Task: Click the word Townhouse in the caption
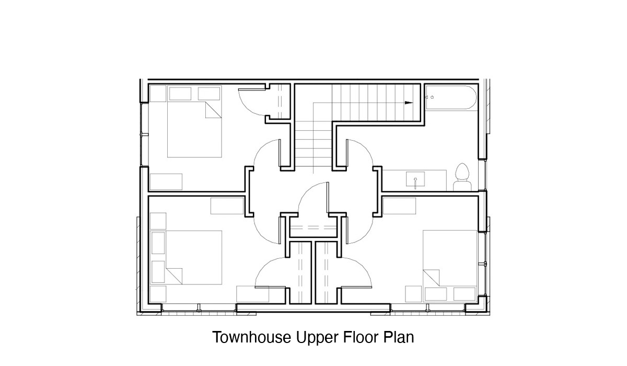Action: click(251, 337)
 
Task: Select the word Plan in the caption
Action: click(398, 337)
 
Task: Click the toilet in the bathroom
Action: click(462, 177)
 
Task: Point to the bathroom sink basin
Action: click(415, 179)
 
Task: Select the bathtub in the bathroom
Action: click(451, 97)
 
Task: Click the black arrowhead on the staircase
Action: click(409, 103)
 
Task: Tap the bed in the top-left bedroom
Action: click(194, 121)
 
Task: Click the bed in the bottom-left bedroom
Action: click(186, 258)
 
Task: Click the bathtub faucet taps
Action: click(429, 97)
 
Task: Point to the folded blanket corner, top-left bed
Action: click(213, 110)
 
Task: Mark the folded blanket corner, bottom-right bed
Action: click(431, 278)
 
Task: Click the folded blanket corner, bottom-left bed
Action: click(174, 276)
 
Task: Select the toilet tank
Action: click(462, 186)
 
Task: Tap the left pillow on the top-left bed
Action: click(180, 94)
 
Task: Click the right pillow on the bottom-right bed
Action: click(465, 294)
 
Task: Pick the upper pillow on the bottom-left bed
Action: click(158, 243)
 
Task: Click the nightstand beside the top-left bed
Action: click(158, 94)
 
